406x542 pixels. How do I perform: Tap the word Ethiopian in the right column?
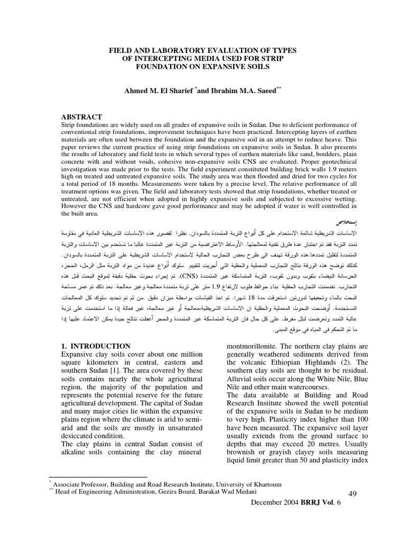click(x=282, y=363)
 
